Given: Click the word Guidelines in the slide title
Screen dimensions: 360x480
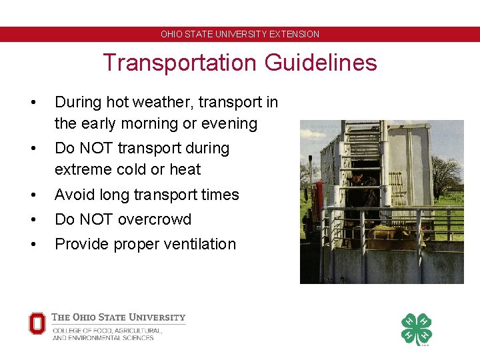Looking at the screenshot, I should [x=321, y=63].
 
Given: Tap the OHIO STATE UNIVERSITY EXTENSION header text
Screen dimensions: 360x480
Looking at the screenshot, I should [x=240, y=34].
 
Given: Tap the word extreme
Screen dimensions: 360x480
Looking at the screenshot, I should [x=83, y=169].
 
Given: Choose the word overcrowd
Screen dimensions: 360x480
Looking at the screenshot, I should [x=158, y=219].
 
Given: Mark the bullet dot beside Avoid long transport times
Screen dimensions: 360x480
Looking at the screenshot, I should [x=32, y=195].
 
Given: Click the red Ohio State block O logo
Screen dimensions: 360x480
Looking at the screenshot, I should [x=37, y=324].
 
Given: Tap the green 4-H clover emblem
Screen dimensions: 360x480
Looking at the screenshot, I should [x=416, y=329].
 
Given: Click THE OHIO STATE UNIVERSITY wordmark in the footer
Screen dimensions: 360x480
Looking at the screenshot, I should [x=119, y=317].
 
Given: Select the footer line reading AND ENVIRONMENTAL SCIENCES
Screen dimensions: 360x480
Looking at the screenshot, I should [x=103, y=338].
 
